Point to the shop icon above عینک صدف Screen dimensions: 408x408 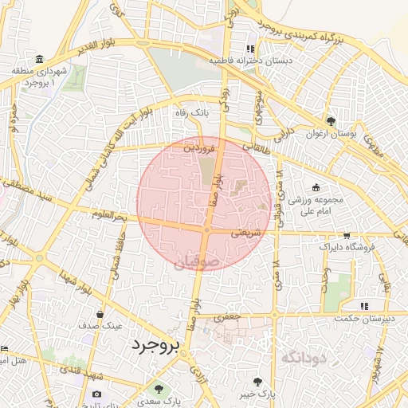pos(100,314)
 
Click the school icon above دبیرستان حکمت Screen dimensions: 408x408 pos(364,305)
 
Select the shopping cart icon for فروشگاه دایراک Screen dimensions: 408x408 pos(347,235)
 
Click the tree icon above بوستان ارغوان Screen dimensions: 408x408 pos(331,120)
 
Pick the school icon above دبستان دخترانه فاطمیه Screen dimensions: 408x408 pos(250,48)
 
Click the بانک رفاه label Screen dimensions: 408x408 pos(191,113)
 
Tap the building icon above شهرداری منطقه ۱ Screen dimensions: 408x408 pos(40,59)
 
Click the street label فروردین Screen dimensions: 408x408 pos(198,148)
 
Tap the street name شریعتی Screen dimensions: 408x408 pos(246,233)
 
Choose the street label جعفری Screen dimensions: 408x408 pos(229,316)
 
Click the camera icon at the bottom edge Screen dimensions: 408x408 pos(96,394)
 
